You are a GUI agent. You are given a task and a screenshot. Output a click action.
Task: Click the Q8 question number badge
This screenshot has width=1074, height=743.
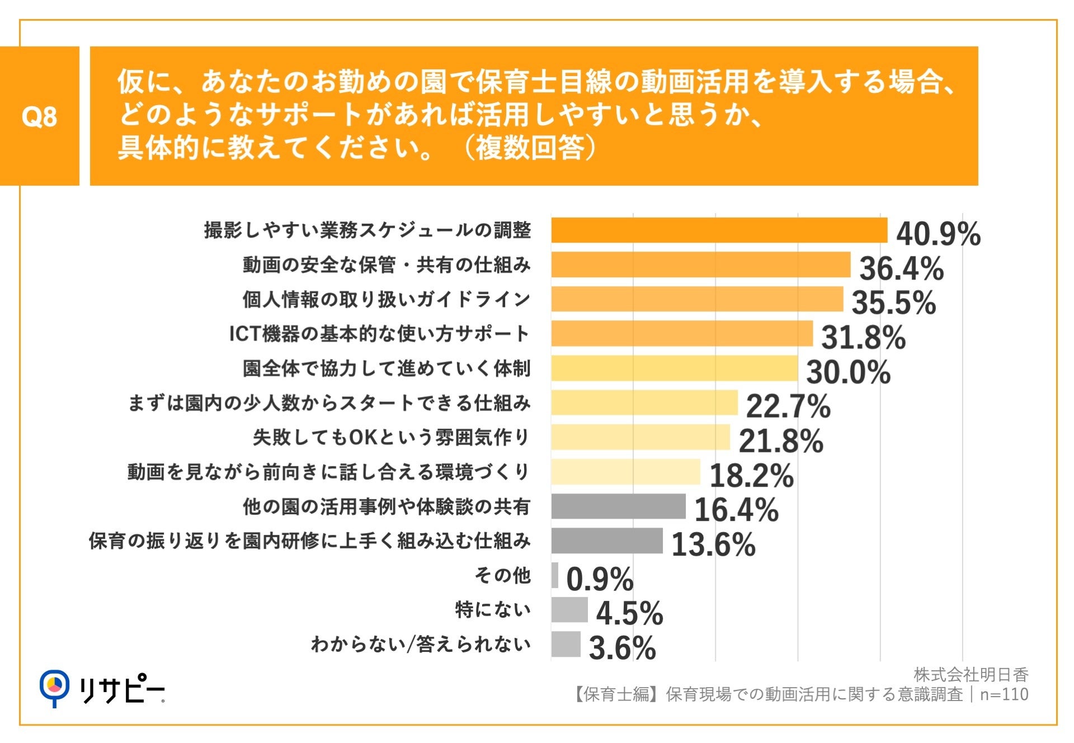[x=39, y=116]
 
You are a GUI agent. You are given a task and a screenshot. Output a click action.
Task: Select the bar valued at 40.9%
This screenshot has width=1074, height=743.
[x=719, y=230]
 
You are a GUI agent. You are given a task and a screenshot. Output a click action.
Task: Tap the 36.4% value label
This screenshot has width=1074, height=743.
[x=901, y=268]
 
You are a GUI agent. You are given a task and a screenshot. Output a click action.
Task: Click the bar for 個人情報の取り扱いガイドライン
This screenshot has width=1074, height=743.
[x=697, y=299]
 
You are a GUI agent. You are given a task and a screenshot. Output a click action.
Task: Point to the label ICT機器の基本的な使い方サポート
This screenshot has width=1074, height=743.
[x=380, y=334]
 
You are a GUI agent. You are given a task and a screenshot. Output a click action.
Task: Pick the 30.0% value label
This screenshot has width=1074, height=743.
[x=848, y=372]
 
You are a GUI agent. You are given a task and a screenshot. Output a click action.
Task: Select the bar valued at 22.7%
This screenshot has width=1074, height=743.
[x=644, y=403]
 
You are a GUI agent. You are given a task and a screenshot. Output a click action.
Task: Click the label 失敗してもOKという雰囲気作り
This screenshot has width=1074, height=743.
[x=391, y=437]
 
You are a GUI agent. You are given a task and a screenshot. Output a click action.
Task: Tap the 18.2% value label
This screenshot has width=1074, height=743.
[x=751, y=476]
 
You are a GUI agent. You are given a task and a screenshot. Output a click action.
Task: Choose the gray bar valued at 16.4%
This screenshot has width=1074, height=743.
[x=618, y=507]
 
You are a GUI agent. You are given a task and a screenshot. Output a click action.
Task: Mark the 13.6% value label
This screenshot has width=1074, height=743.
[x=713, y=545]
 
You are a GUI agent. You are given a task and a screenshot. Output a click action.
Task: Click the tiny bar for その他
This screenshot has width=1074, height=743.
[x=555, y=575]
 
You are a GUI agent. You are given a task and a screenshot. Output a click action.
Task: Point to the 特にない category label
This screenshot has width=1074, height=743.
[x=493, y=609]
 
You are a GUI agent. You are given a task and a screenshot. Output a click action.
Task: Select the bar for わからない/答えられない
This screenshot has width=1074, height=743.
[x=566, y=644]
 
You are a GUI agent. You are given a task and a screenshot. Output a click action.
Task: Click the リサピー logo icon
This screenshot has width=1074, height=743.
[x=54, y=687]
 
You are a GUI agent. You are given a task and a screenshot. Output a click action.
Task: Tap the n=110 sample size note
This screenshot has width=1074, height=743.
[x=1004, y=694]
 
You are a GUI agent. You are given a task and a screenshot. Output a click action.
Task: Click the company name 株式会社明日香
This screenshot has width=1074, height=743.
[x=971, y=675]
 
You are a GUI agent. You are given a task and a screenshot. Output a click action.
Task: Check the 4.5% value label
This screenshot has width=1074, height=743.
[x=629, y=613]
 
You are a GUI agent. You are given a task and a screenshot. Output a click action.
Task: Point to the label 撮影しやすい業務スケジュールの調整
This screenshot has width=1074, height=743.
[x=368, y=230]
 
